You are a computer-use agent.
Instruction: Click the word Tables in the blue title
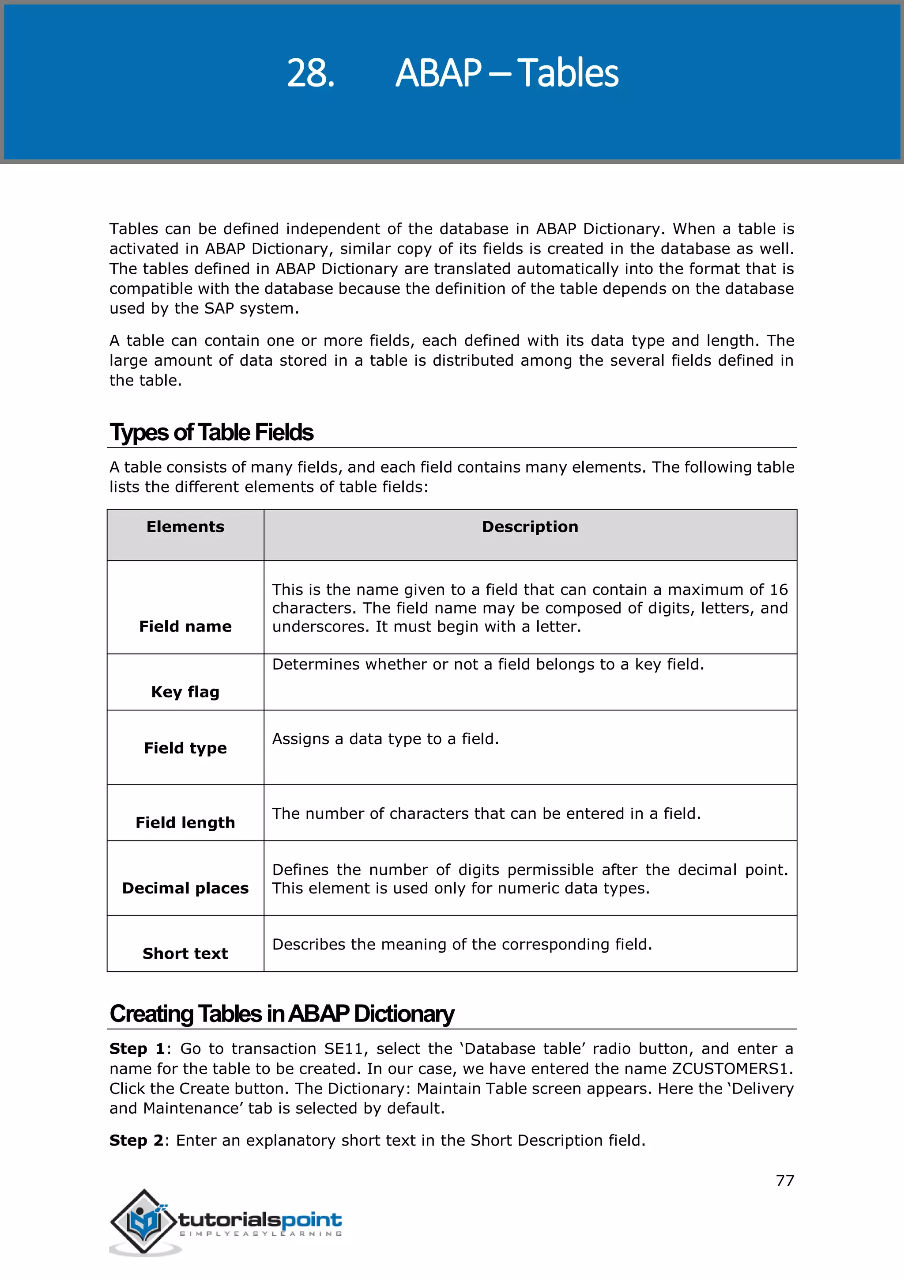568,73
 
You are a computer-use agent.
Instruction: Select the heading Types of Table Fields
211,433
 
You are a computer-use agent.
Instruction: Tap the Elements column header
185,527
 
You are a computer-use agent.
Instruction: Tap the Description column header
530,527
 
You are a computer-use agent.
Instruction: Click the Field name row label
185,627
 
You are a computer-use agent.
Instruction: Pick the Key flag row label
185,692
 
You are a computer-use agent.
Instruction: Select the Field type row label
185,748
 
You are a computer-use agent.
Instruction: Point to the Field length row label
185,823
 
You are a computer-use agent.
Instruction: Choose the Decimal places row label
185,888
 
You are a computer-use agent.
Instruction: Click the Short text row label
185,954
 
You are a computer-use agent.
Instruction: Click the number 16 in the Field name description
779,590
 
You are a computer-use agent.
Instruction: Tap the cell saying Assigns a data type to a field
385,739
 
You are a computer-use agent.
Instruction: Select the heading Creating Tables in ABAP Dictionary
282,1014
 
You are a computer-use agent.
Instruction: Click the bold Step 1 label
137,1049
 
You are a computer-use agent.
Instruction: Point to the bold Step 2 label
137,1141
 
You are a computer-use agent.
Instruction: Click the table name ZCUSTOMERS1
731,1069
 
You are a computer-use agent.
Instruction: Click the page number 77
785,1181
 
